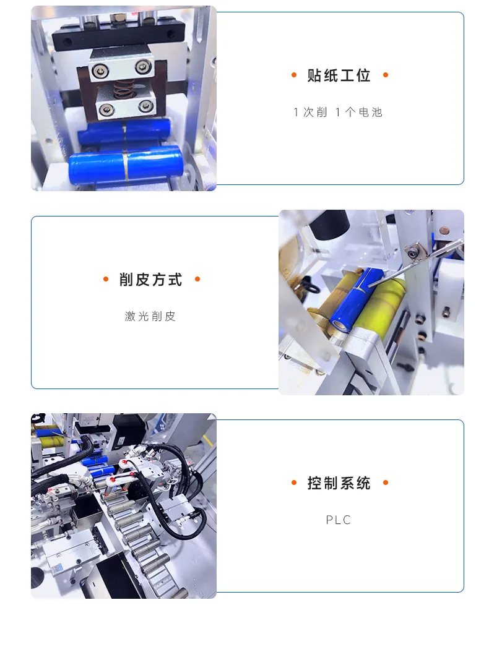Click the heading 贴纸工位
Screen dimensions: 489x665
[339, 75]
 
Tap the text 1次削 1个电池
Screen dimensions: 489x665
[338, 112]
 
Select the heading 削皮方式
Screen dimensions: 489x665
[150, 280]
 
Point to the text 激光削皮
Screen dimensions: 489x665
[150, 316]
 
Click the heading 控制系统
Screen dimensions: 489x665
[339, 483]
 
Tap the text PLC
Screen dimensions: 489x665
[339, 520]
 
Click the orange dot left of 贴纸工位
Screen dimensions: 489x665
[294, 75]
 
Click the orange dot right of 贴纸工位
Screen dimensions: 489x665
[386, 75]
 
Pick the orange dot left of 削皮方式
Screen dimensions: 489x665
[106, 279]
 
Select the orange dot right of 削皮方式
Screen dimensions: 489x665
[197, 279]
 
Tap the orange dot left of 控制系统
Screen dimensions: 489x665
[294, 483]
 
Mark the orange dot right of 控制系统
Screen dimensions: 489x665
[386, 483]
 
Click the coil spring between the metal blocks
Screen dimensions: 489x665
[124, 88]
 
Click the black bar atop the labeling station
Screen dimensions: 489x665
[118, 35]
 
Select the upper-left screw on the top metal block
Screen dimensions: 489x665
[101, 71]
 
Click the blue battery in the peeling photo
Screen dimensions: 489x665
[357, 299]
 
